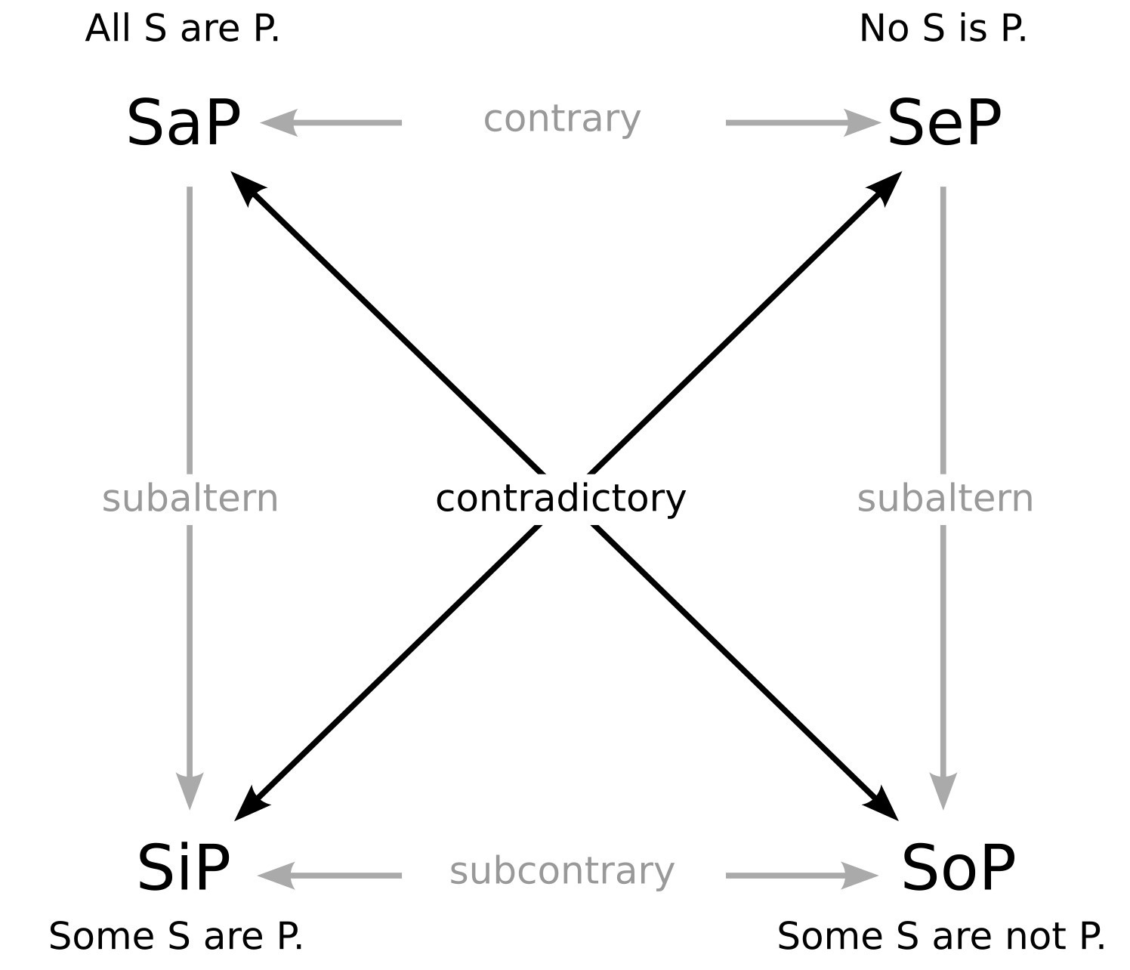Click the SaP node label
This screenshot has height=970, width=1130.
(184, 122)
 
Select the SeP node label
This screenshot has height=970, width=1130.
(944, 122)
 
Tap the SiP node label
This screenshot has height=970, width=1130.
(184, 869)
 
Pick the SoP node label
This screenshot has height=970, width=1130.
(958, 869)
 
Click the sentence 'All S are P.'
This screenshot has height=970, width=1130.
(183, 29)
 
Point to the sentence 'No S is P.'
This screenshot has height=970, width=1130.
(943, 29)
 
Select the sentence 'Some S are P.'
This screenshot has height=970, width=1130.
(176, 937)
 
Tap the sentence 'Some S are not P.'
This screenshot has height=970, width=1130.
(941, 937)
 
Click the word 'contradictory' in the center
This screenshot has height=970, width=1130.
(560, 499)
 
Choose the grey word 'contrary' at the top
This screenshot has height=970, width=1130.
(562, 119)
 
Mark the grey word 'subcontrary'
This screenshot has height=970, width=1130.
(562, 872)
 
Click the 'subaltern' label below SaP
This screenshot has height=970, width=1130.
(190, 499)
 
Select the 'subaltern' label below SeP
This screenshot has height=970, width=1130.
(945, 499)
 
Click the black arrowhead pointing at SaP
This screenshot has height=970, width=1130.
(245, 185)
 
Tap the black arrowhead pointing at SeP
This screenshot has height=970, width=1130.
(887, 185)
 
